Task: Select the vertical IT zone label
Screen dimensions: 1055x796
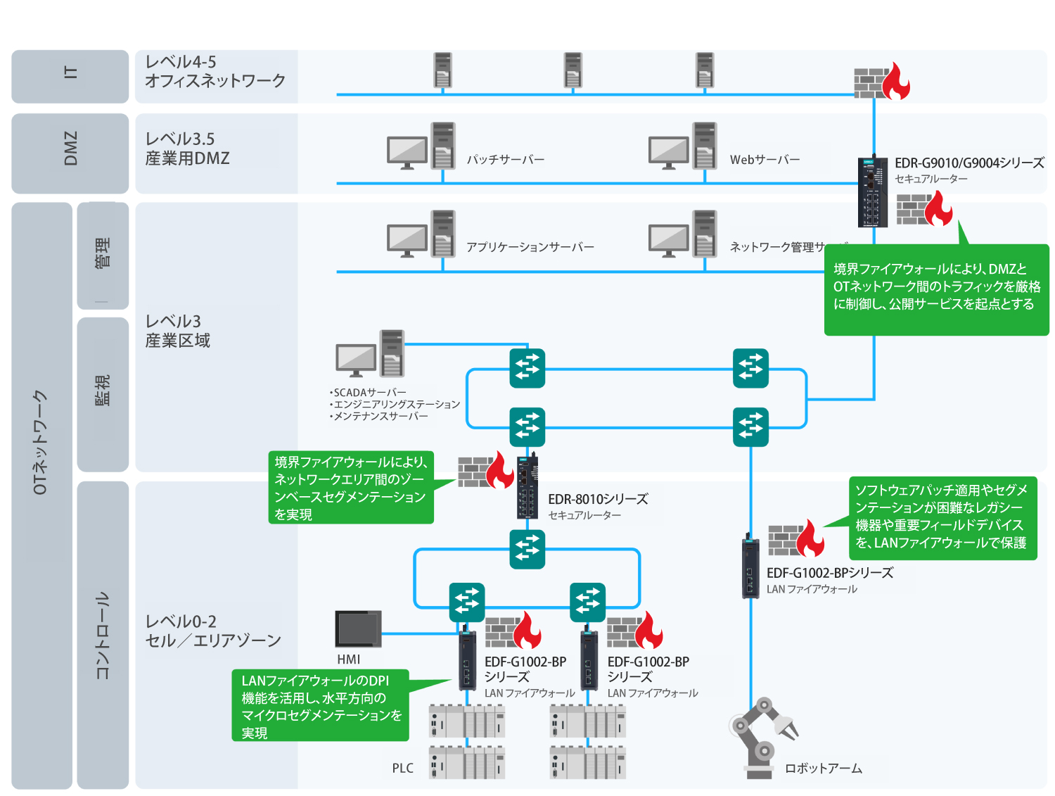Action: [70, 72]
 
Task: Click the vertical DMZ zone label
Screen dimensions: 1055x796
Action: [70, 147]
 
